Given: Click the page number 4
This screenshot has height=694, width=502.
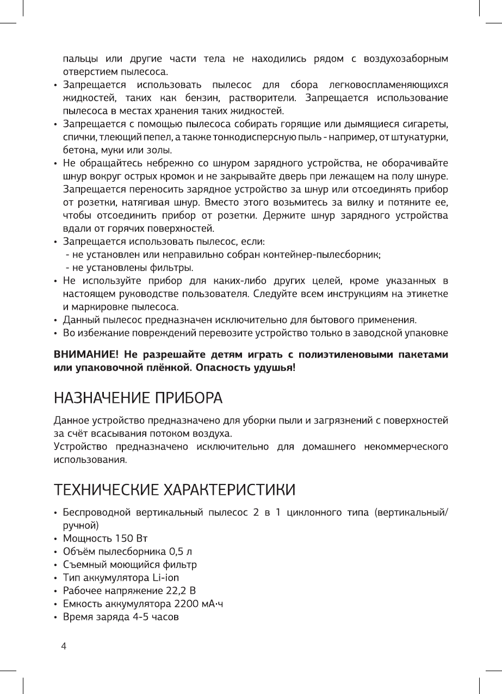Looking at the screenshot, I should coord(64,647).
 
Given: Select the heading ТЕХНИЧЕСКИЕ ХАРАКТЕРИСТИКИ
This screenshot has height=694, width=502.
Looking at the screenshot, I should coord(175,489).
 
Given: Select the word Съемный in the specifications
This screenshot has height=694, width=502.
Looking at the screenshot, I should coord(84,564).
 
